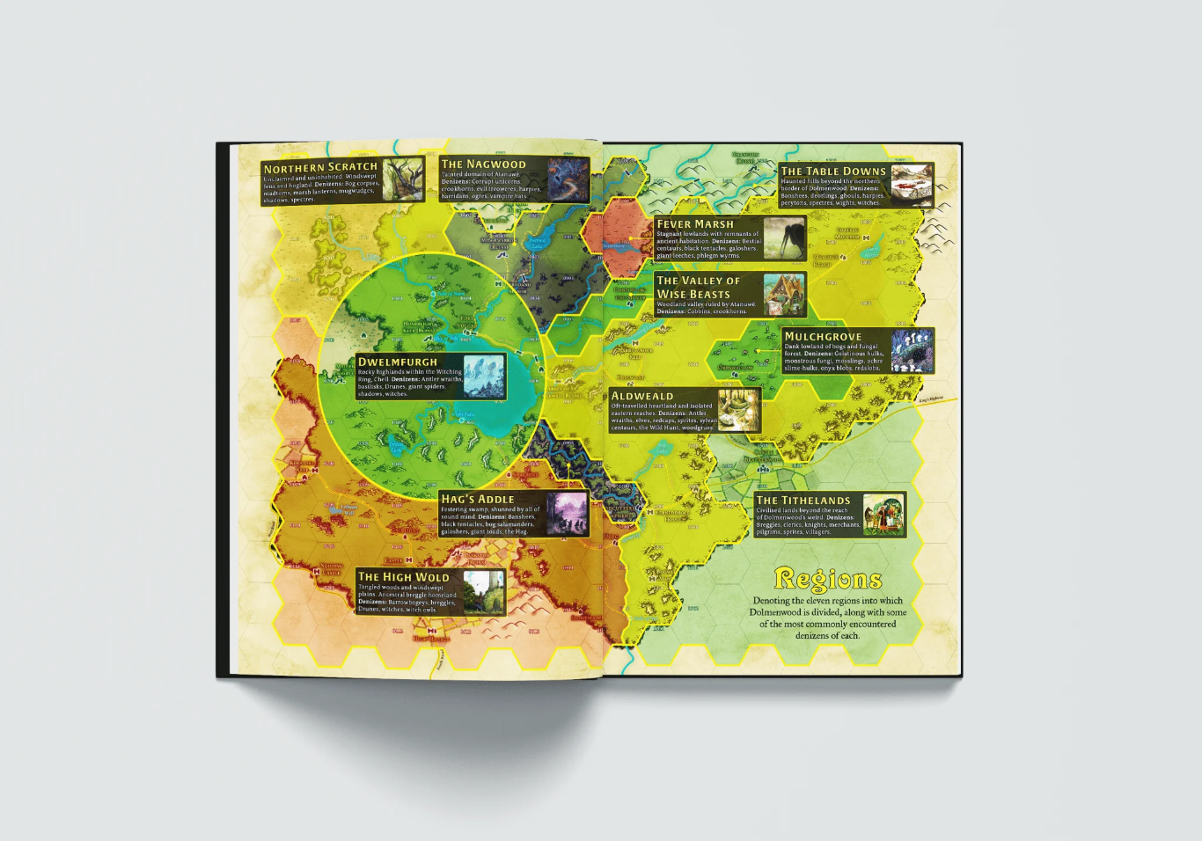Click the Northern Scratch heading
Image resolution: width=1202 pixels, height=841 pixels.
click(x=319, y=167)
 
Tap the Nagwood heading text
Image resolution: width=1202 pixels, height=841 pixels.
click(x=483, y=165)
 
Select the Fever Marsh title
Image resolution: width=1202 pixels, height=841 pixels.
click(x=694, y=224)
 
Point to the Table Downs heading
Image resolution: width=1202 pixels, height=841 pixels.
click(x=832, y=172)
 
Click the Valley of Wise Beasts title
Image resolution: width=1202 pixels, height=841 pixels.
click(x=698, y=287)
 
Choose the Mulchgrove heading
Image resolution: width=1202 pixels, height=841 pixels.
click(x=823, y=336)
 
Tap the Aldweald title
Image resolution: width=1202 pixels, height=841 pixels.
click(x=641, y=396)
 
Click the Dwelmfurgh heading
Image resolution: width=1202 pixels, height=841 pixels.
click(x=397, y=362)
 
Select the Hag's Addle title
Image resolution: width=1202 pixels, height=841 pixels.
click(x=477, y=499)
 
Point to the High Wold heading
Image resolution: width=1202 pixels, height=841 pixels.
click(x=403, y=577)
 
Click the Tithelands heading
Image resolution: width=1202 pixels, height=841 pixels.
click(x=803, y=500)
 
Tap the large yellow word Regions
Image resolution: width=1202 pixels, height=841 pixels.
click(x=828, y=579)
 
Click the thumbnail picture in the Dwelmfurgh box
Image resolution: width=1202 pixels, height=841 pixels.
click(x=483, y=377)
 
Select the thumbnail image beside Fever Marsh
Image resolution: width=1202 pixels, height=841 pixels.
click(x=783, y=238)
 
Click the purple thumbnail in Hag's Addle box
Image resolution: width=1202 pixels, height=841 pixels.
click(x=566, y=514)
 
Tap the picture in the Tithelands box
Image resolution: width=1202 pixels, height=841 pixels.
click(x=883, y=515)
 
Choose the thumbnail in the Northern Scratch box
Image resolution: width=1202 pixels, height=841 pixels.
click(x=402, y=179)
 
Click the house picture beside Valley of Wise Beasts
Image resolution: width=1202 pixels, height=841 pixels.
click(x=783, y=295)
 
